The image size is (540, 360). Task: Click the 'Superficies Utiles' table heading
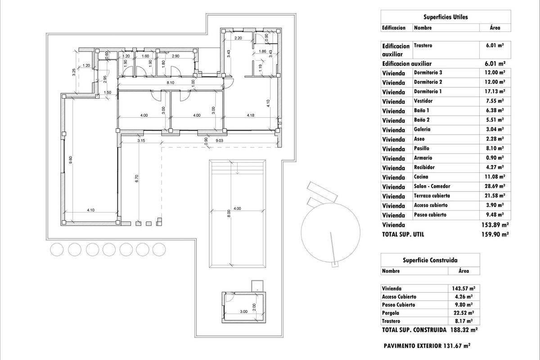pos(445,17)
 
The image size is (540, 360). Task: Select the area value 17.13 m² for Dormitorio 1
pos(494,91)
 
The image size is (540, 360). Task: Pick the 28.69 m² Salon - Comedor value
pos(494,186)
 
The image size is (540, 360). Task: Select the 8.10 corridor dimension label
pos(170,83)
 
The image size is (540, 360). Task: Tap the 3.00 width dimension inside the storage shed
pos(243,311)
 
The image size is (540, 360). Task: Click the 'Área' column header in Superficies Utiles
pos(495,28)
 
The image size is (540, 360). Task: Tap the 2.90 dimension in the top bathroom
pos(175,56)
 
